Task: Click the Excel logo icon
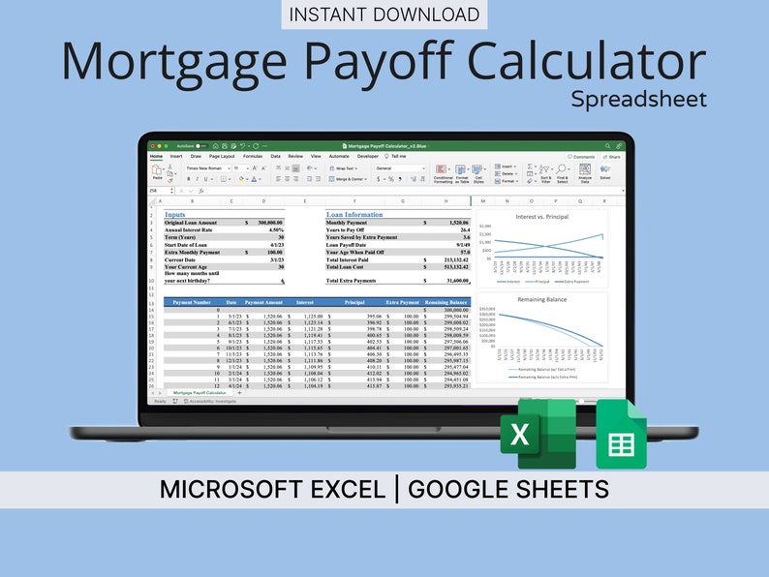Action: click(538, 434)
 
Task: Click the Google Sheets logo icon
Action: click(621, 435)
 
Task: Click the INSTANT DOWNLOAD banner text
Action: click(384, 15)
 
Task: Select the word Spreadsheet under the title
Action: click(638, 99)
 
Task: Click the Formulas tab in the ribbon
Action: click(253, 156)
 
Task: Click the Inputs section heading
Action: click(175, 214)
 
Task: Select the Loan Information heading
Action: click(354, 214)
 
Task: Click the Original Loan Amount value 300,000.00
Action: click(264, 223)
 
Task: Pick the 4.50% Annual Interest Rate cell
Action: click(274, 229)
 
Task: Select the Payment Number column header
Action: click(191, 302)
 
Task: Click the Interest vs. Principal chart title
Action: click(541, 217)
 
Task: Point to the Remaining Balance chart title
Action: click(542, 300)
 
